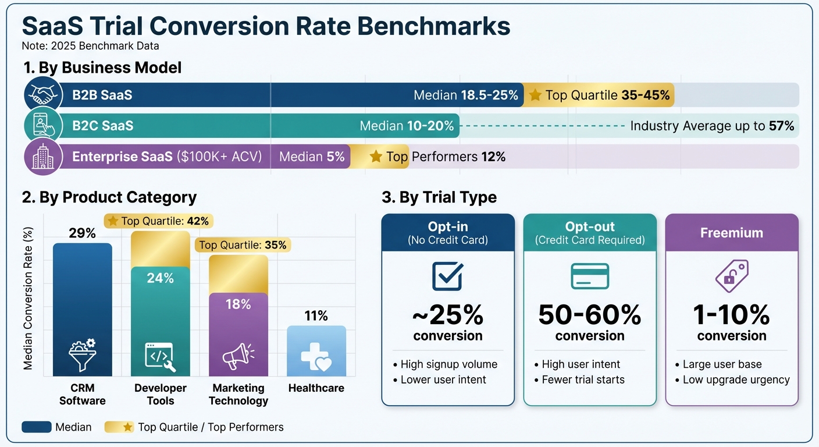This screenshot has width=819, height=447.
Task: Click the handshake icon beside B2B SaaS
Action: pyautogui.click(x=44, y=95)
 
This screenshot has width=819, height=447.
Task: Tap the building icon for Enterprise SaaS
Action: pyautogui.click(x=44, y=157)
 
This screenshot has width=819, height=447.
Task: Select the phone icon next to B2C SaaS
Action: pyautogui.click(x=44, y=126)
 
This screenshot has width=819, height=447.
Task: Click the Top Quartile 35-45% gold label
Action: pyautogui.click(x=599, y=95)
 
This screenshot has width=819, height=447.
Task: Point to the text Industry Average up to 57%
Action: pyautogui.click(x=712, y=126)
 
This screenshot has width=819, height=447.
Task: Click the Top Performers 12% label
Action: pyautogui.click(x=437, y=157)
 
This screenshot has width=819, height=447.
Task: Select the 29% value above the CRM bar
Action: pyautogui.click(x=82, y=233)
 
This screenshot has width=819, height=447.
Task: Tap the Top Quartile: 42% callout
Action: pyautogui.click(x=158, y=221)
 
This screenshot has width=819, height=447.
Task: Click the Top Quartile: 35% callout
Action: pyautogui.click(x=243, y=245)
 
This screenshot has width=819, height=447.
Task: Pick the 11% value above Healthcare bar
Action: pyautogui.click(x=316, y=316)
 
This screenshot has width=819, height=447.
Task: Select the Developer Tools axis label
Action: pyautogui.click(x=161, y=394)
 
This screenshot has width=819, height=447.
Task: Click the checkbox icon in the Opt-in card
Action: pyautogui.click(x=448, y=276)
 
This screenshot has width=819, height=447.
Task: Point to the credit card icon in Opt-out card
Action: pyautogui.click(x=590, y=276)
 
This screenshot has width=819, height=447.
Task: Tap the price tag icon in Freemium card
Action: pyautogui.click(x=732, y=276)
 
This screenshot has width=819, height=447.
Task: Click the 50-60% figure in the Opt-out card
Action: pyautogui.click(x=590, y=315)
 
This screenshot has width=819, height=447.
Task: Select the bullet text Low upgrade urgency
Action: pyautogui.click(x=736, y=379)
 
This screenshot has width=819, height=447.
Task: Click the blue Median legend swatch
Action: pyautogui.click(x=36, y=427)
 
